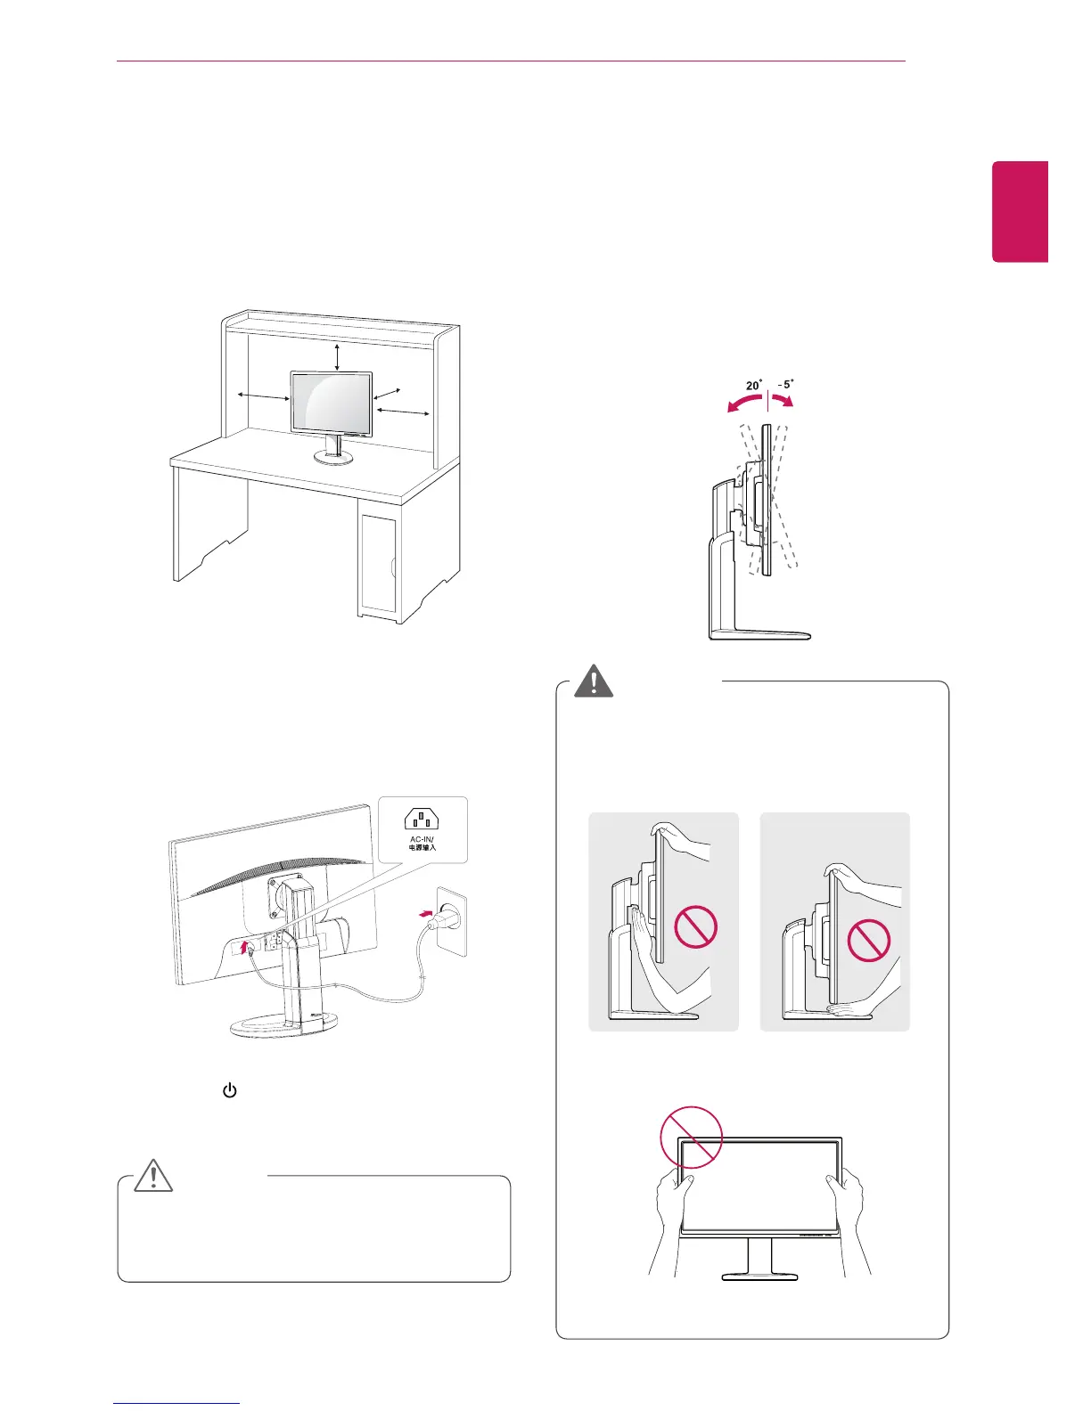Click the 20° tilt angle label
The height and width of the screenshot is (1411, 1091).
tap(754, 385)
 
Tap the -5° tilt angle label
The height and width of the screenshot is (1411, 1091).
tap(783, 385)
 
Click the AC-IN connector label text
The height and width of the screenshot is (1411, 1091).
tap(422, 843)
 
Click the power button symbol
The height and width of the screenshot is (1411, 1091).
tap(229, 1090)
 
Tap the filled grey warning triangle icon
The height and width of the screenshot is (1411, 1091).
tap(594, 681)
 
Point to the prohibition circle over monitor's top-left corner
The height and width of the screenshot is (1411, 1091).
tap(690, 1138)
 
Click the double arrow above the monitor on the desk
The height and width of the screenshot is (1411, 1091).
tap(336, 355)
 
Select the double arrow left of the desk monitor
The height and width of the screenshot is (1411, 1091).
tap(262, 396)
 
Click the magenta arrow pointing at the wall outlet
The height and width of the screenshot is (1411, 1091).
tap(428, 912)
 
